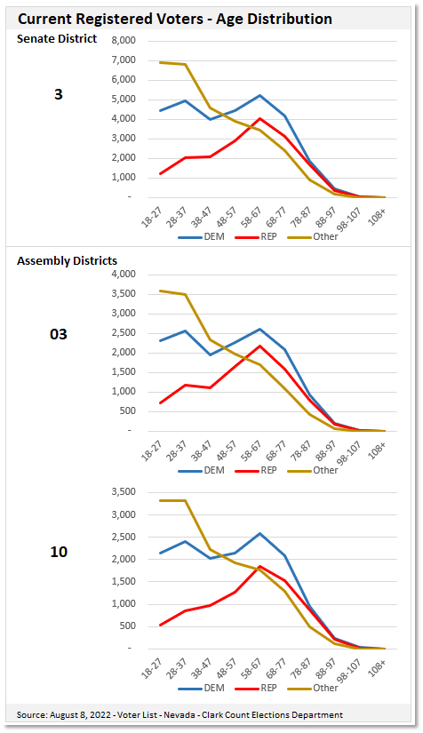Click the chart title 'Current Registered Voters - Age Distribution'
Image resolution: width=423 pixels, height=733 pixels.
(175, 18)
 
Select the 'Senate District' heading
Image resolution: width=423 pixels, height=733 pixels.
(58, 38)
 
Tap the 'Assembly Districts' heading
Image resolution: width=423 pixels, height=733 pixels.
(67, 260)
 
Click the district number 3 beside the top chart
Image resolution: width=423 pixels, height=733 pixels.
(59, 93)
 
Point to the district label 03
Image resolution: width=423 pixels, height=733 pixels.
(59, 334)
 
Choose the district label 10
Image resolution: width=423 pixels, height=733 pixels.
(59, 552)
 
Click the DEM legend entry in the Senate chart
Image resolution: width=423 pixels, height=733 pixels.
(201, 237)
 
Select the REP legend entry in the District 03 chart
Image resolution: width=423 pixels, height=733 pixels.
(259, 470)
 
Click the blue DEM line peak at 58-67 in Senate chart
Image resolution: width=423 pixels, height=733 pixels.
(259, 95)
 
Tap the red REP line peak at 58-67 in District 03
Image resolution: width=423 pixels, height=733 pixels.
(259, 346)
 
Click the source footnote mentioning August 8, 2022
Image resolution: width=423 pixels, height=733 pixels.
(180, 714)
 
